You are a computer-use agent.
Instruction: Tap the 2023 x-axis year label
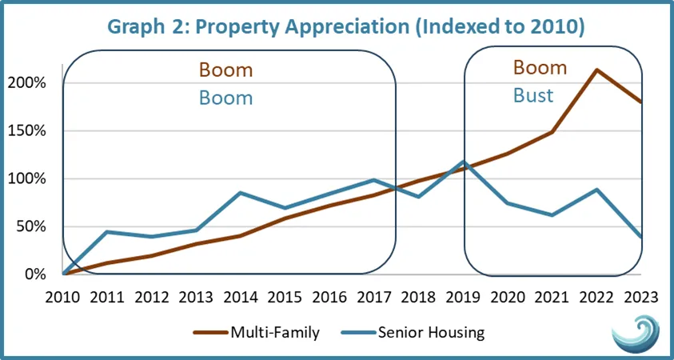pos(640,297)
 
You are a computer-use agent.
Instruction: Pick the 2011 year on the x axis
pos(106,297)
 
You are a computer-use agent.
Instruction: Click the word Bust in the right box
pos(533,95)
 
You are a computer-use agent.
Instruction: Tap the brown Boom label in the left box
pos(227,70)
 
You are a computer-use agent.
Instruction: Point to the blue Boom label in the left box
pos(227,98)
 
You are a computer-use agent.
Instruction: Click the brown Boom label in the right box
pos(540,67)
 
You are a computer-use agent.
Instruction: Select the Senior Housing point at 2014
pos(241,193)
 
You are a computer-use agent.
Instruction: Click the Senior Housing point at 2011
pos(106,232)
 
